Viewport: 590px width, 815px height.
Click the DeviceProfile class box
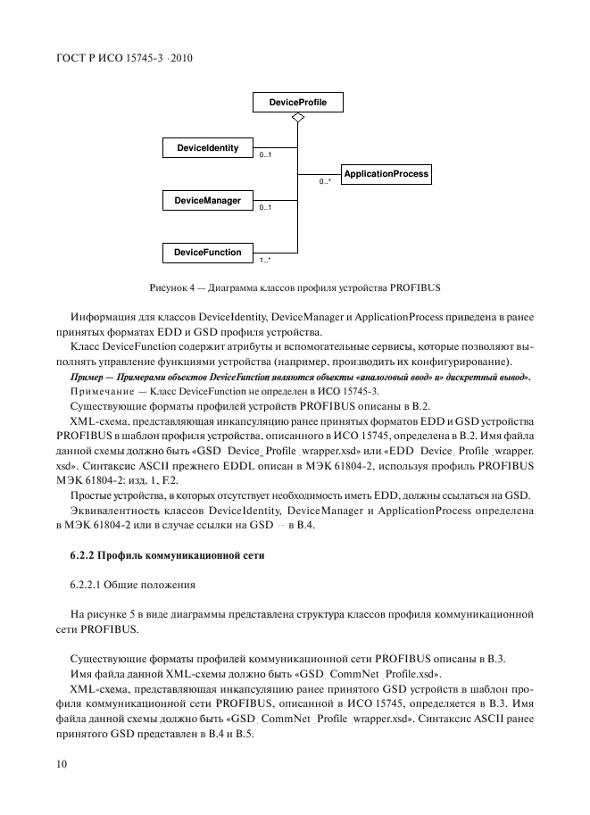click(298, 104)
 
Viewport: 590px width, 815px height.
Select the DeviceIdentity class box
click(207, 148)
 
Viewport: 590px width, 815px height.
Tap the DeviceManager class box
click(207, 201)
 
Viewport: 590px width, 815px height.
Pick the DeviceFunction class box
click(207, 253)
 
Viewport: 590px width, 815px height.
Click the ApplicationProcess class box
click(386, 174)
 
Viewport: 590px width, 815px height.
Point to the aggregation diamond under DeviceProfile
click(298, 121)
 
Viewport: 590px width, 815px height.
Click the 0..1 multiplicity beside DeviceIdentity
click(265, 156)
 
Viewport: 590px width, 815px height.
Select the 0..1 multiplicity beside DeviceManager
click(265, 208)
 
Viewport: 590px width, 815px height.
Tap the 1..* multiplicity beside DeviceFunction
click(265, 261)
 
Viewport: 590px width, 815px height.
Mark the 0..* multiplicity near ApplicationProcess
click(326, 182)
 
